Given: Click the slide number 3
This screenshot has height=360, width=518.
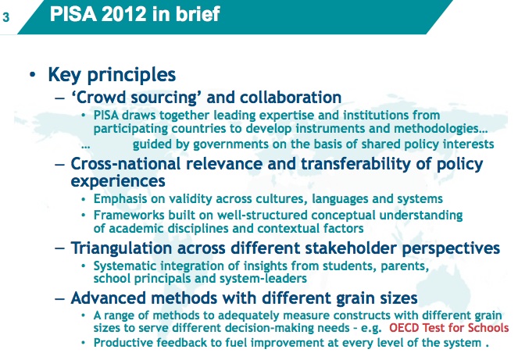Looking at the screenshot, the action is [x=6, y=17].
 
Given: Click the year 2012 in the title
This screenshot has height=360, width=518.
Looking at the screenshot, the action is [x=124, y=14].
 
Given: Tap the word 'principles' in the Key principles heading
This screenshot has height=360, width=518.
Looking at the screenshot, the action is [x=131, y=75].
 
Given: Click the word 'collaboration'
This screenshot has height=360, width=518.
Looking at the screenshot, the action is [x=291, y=98].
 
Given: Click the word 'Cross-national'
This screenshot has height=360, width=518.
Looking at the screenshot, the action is [x=126, y=164].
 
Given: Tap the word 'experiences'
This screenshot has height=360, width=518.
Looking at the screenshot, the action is [x=118, y=182].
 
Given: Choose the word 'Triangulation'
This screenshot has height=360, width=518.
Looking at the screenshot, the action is [x=122, y=248].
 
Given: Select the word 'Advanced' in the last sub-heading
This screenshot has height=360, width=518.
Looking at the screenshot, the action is [x=104, y=298].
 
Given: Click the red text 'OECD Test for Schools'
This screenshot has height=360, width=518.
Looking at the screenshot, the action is [x=449, y=328].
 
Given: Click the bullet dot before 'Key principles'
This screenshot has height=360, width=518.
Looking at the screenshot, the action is [x=32, y=75].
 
